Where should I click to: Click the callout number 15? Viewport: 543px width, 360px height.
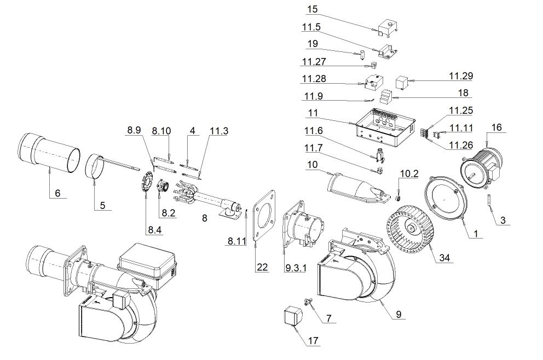(x=313, y=9)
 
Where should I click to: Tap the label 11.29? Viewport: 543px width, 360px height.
(x=461, y=76)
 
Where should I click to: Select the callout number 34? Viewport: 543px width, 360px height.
(x=444, y=258)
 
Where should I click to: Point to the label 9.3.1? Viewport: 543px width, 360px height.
(x=296, y=268)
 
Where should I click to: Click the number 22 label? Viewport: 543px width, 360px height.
(x=262, y=267)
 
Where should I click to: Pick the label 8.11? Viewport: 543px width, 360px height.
(x=237, y=241)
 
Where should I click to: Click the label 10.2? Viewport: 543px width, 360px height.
(x=409, y=173)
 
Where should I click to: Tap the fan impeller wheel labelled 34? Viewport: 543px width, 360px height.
(x=411, y=229)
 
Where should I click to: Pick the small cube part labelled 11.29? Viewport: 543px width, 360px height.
(x=403, y=83)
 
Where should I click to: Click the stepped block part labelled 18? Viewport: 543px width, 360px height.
(x=387, y=97)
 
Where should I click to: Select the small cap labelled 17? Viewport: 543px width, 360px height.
(x=293, y=315)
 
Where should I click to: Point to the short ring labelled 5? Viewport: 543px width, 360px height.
(x=94, y=167)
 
